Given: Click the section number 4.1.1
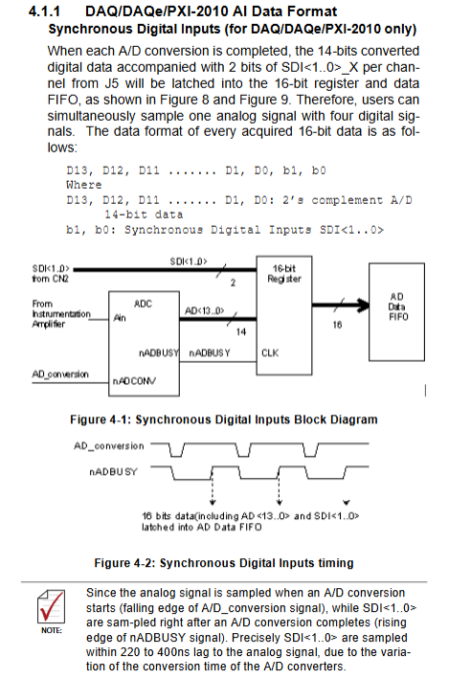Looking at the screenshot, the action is tap(44, 11).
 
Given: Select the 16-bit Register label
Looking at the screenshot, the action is tap(284, 274).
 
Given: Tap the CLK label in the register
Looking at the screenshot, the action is tap(270, 353).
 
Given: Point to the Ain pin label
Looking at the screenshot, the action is tap(120, 318).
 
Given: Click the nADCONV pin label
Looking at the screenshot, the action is tap(134, 381).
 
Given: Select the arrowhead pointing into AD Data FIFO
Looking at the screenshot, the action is tap(362, 305).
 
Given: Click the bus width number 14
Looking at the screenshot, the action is tap(241, 331).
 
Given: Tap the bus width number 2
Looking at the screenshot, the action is tap(233, 283).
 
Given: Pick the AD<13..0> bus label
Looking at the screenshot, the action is tap(204, 310).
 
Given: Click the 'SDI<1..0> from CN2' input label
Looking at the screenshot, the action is tap(51, 274).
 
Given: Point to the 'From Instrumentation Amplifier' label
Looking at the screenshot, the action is tap(61, 314).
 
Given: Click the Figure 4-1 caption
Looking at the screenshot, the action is tap(224, 419).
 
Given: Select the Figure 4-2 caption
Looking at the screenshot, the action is tap(224, 563).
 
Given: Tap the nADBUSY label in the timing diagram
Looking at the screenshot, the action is tap(113, 471).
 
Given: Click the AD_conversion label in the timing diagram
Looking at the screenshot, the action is tap(109, 446).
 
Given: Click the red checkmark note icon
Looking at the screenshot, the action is tap(51, 606).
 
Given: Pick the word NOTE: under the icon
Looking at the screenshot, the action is tap(52, 630).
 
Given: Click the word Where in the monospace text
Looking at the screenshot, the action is tap(84, 185).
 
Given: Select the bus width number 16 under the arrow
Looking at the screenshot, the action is tap(337, 325).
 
